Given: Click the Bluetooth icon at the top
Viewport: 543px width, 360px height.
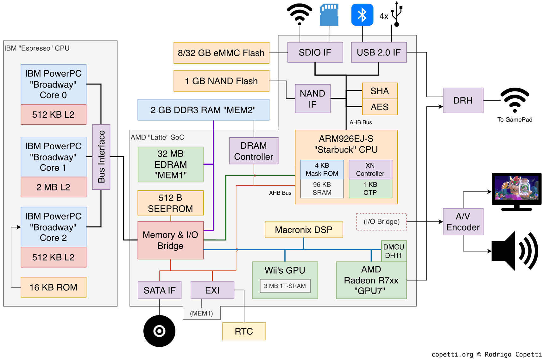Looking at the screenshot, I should tap(362, 15).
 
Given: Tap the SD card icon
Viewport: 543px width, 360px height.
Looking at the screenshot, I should tap(329, 15).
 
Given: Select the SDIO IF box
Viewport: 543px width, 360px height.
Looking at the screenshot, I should tap(315, 52).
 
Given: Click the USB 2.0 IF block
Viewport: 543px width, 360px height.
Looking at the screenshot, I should tap(379, 52).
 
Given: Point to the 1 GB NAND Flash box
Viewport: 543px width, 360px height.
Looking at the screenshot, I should tap(221, 81).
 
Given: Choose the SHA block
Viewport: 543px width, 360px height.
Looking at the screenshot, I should tap(380, 91).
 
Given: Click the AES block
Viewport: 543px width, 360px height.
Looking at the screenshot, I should tap(380, 107).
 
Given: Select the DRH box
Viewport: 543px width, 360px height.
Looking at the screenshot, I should tap(463, 100).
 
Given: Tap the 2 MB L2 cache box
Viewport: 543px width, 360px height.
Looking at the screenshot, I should tap(54, 187).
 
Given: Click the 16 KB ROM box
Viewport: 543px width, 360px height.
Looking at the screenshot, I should tap(54, 287).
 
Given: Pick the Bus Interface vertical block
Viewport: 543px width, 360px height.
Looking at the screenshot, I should tap(101, 157).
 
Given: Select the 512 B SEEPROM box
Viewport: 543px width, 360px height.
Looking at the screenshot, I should tap(170, 203).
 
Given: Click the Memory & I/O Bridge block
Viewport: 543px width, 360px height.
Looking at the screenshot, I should tap(170, 240).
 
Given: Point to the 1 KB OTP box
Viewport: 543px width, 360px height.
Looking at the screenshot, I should tap(370, 189).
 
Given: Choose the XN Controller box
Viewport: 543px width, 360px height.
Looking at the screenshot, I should tap(370, 170).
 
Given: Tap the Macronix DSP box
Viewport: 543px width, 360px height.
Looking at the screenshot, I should tap(304, 230).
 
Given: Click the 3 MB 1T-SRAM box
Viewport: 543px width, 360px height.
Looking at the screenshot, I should tap(285, 286).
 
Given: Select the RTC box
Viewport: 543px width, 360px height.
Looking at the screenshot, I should tap(244, 331).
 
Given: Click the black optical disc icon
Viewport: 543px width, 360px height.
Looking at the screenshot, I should tap(159, 331).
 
